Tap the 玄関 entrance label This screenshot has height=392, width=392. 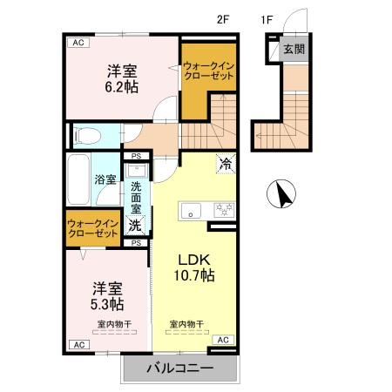pyautogui.click(x=294, y=50)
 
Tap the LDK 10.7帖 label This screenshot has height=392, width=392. pyautogui.click(x=197, y=267)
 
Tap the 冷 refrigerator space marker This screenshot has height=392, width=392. pyautogui.click(x=225, y=163)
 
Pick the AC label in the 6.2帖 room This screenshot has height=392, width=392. pyautogui.click(x=78, y=43)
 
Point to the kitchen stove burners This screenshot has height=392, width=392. pyautogui.click(x=224, y=209)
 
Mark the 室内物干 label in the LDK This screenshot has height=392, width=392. pyautogui.click(x=186, y=324)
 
